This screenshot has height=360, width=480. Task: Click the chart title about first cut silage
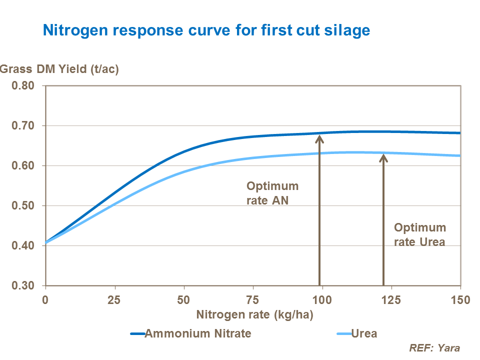(206, 30)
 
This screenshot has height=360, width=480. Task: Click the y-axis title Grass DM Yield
(59, 69)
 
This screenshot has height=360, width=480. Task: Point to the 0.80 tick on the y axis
(23, 86)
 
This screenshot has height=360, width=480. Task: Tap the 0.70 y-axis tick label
(23, 126)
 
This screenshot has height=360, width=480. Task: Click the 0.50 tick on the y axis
(23, 206)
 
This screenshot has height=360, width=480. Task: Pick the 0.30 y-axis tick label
(23, 286)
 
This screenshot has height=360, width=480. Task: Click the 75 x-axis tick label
(253, 300)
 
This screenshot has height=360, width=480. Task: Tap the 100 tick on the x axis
(322, 300)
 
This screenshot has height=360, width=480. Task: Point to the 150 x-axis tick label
(460, 300)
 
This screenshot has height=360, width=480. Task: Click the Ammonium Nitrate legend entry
(197, 333)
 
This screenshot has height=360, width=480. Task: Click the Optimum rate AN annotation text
(272, 193)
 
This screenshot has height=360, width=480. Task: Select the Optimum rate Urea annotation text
(420, 234)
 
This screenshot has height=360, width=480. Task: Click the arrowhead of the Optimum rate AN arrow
(319, 138)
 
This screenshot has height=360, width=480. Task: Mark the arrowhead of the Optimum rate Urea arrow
(383, 158)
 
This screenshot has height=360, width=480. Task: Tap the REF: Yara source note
(434, 348)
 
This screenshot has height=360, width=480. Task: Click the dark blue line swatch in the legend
(137, 334)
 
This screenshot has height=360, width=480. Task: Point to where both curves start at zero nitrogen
(46, 242)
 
